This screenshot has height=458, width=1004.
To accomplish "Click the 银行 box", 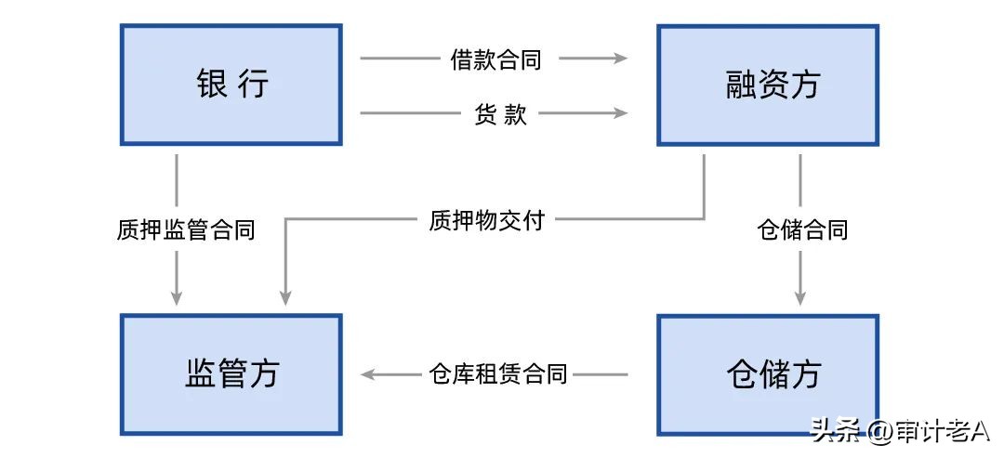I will coord(231,85).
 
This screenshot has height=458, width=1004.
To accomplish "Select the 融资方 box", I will coord(768,85).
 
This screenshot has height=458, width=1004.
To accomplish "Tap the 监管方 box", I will coord(231,374).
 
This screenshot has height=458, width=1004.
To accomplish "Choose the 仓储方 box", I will coord(768,374).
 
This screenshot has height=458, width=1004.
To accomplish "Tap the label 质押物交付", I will coord(486,220).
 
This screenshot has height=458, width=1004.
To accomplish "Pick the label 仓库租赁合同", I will coord(498,374).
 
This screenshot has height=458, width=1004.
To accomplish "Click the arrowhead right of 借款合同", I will coord(620,59).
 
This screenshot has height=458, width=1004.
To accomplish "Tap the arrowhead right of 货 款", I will coord(620,114).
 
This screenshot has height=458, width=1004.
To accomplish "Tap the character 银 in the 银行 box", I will coord(211,85).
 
